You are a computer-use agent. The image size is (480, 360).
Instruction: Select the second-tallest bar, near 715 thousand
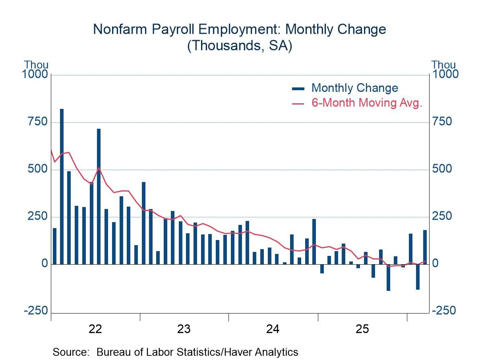click(99, 196)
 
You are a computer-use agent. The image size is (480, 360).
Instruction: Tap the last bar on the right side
click(425, 247)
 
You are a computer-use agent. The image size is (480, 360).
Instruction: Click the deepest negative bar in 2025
click(388, 277)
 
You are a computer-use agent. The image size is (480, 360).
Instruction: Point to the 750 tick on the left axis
click(38, 122)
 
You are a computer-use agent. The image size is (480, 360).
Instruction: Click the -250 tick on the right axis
click(444, 311)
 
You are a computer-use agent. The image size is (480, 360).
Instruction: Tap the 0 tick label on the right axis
click(435, 264)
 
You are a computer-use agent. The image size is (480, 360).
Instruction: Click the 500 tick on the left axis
click(38, 169)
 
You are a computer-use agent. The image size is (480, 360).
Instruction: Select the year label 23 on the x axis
click(184, 329)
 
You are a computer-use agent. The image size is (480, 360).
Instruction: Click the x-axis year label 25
click(362, 329)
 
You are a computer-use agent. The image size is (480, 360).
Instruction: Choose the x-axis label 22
click(95, 329)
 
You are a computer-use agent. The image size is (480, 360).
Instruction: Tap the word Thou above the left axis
click(36, 65)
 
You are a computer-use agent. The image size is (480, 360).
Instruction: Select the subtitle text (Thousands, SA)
click(240, 45)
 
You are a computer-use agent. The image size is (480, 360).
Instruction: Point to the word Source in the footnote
click(70, 352)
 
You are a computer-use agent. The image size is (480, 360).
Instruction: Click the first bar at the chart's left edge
click(54, 246)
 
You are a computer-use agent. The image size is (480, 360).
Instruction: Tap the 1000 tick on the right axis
click(445, 74)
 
